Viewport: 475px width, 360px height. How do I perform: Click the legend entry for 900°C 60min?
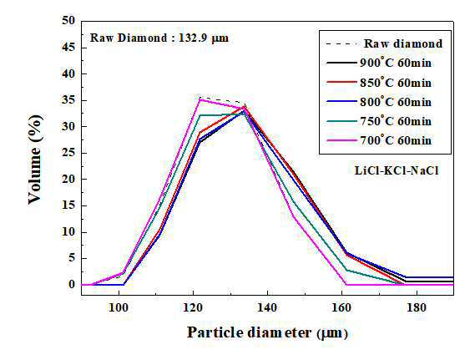pos(379,63)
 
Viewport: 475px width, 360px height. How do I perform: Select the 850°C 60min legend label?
pos(379,83)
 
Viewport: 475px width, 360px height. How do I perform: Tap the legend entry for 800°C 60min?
pos(379,102)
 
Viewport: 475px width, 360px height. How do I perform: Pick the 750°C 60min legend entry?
pos(379,121)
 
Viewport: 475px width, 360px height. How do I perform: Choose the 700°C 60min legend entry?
pos(379,140)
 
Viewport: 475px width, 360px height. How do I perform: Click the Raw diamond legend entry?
pos(384,43)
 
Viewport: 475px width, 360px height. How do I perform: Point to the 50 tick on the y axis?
pos(68,21)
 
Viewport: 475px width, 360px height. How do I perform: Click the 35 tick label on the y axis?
pos(68,100)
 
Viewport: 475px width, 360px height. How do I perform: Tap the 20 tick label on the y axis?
pos(68,179)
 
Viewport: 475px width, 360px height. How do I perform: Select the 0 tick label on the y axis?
pos(72,285)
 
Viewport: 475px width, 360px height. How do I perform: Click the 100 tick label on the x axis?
pos(119,308)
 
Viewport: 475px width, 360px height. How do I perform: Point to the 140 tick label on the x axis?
pos(267,308)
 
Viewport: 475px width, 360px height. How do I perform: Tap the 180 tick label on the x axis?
pos(417,308)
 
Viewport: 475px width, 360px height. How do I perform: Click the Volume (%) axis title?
pos(35,160)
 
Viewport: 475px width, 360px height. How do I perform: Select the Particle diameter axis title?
pos(249,332)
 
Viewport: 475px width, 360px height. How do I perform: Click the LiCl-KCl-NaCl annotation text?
pos(397,170)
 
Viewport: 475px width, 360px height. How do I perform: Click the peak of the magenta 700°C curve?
pos(200,99)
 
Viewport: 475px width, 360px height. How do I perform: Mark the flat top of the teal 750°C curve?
pos(222,114)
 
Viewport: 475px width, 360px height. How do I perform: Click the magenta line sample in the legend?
pos(341,140)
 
